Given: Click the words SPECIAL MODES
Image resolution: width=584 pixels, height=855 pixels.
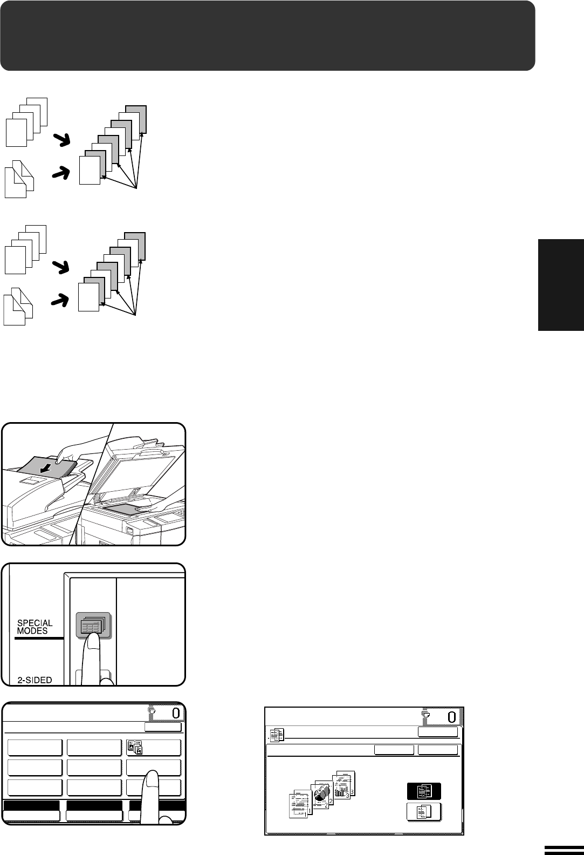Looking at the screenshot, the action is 35,627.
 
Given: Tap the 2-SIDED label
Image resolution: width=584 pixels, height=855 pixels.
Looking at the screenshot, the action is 35,680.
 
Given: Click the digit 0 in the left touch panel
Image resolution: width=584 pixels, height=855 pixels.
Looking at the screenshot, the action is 176,712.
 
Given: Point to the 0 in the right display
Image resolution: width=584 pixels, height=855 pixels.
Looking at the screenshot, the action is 452,717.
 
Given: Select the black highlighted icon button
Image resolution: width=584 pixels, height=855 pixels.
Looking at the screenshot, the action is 424,790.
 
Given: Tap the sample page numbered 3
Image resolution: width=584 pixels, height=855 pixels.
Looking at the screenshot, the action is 344,784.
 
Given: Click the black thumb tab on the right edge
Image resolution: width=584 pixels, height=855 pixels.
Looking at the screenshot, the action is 561,285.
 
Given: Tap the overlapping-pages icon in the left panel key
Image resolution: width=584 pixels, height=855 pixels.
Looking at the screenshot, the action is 135,747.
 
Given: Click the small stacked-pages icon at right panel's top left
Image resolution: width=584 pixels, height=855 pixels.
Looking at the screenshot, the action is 277,734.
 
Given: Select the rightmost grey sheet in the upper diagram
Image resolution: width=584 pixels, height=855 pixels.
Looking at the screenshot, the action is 136,119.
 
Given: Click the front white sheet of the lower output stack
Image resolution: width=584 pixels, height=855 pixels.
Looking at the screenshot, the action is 88,297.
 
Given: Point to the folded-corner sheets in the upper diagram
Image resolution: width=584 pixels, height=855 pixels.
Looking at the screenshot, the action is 19,179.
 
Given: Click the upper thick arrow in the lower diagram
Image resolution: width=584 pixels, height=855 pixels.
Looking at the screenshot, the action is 60,267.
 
